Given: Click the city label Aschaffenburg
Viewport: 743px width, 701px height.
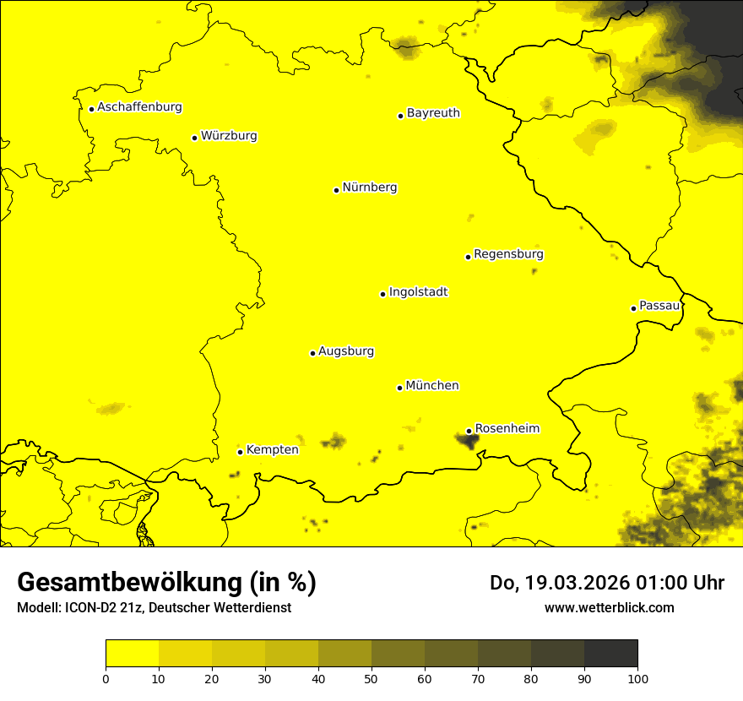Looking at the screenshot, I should pos(139,107).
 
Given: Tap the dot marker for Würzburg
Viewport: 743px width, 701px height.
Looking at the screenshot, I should pos(195,138).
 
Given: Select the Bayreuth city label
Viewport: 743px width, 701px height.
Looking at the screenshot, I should pos(433,113).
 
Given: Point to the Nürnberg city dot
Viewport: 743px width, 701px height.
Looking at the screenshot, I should pos(336,190).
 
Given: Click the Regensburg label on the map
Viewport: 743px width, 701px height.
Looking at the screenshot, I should pos(508,254).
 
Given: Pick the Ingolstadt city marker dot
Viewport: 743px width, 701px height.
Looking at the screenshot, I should pos(383,295).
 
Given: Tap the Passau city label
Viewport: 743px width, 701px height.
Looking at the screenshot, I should pos(659,306).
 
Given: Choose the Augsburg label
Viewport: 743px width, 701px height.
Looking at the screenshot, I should pos(346,351).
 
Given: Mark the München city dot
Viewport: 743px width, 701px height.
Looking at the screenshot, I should pos(400,388).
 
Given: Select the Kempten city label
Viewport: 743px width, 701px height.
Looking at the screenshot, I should pos(272,450).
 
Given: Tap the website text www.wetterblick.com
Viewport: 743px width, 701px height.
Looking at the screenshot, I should pos(609,607).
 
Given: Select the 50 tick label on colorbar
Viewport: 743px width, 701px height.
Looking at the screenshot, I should pos(371,678).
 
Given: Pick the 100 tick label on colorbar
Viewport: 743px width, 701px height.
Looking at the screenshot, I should pos(637,678).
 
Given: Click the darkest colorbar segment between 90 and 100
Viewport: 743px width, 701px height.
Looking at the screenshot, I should pos(610,654).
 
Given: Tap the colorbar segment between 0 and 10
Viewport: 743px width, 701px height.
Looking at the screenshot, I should pos(132,654).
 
